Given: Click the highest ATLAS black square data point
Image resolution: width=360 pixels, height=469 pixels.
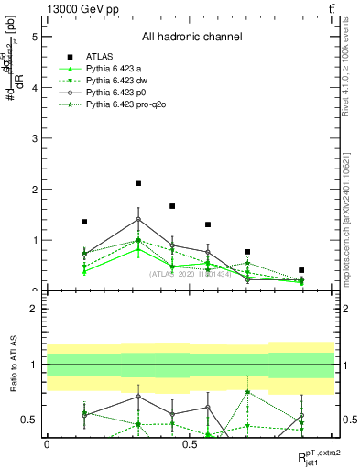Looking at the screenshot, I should coord(138,184).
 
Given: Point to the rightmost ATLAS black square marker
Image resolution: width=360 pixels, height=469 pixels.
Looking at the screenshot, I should coord(301,270).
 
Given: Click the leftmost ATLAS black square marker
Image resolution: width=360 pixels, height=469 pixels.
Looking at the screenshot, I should coord(84,222).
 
